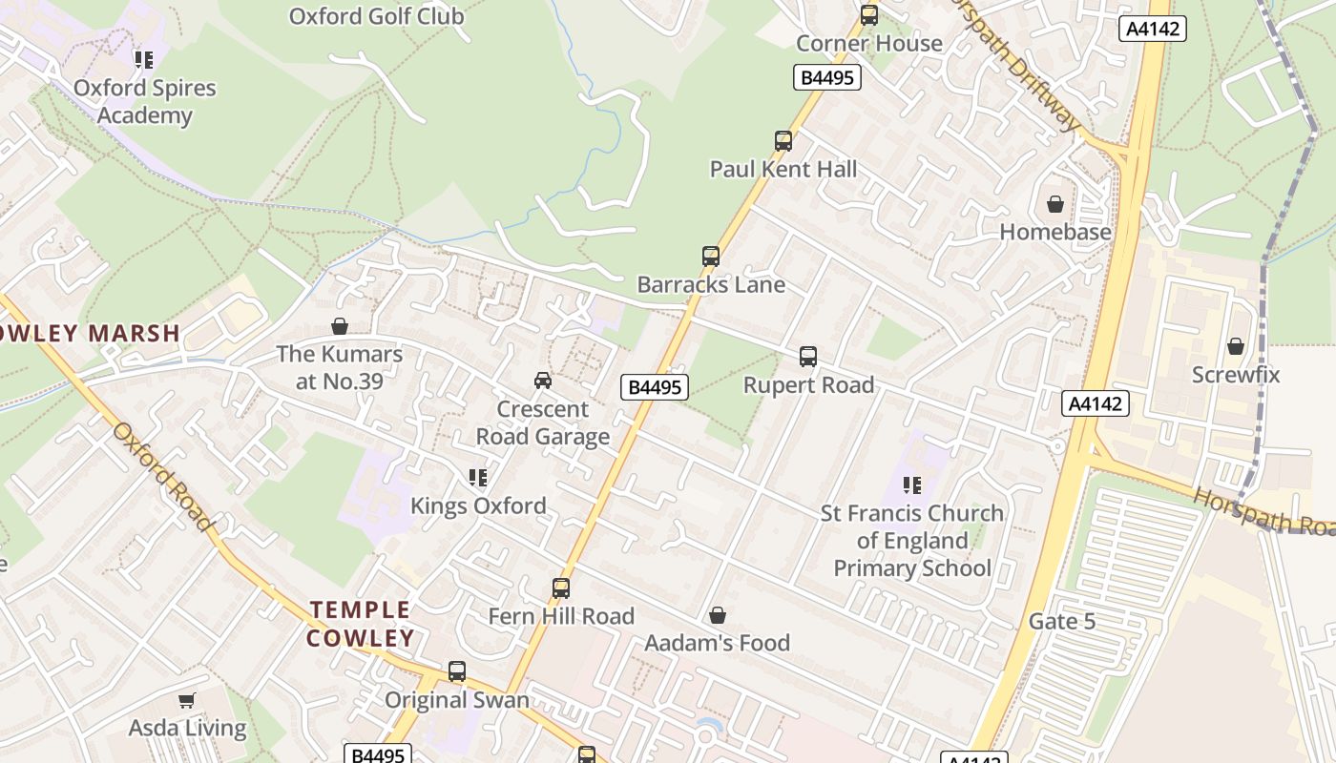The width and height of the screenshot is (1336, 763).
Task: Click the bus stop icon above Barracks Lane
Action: (711, 256)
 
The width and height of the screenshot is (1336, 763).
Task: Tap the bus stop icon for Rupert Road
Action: (808, 357)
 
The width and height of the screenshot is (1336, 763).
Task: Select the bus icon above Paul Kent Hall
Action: (783, 141)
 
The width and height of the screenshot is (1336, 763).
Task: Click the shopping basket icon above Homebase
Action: (1055, 204)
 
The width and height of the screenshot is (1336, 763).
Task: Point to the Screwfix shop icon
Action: (1236, 346)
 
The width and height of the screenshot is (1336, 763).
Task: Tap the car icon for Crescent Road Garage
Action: (543, 381)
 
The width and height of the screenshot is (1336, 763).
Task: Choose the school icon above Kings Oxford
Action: (478, 477)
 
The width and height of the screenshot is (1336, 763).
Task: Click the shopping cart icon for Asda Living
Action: (187, 700)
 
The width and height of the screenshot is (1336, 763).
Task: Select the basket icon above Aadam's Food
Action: (717, 615)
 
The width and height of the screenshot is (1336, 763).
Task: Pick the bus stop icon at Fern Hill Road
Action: (561, 588)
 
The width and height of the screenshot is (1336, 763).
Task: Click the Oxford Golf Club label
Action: (376, 16)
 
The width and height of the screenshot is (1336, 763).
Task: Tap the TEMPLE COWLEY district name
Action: (361, 624)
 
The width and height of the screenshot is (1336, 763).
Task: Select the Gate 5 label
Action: (1062, 622)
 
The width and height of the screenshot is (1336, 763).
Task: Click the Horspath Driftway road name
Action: (1016, 67)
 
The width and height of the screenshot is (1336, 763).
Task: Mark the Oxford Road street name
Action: (162, 477)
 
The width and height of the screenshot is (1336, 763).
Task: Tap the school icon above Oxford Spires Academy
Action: (144, 60)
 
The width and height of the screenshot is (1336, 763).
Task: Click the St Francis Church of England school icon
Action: (911, 485)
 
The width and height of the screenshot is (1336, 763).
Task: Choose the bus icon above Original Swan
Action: (457, 671)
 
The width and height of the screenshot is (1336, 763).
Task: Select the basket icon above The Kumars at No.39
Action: (339, 326)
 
